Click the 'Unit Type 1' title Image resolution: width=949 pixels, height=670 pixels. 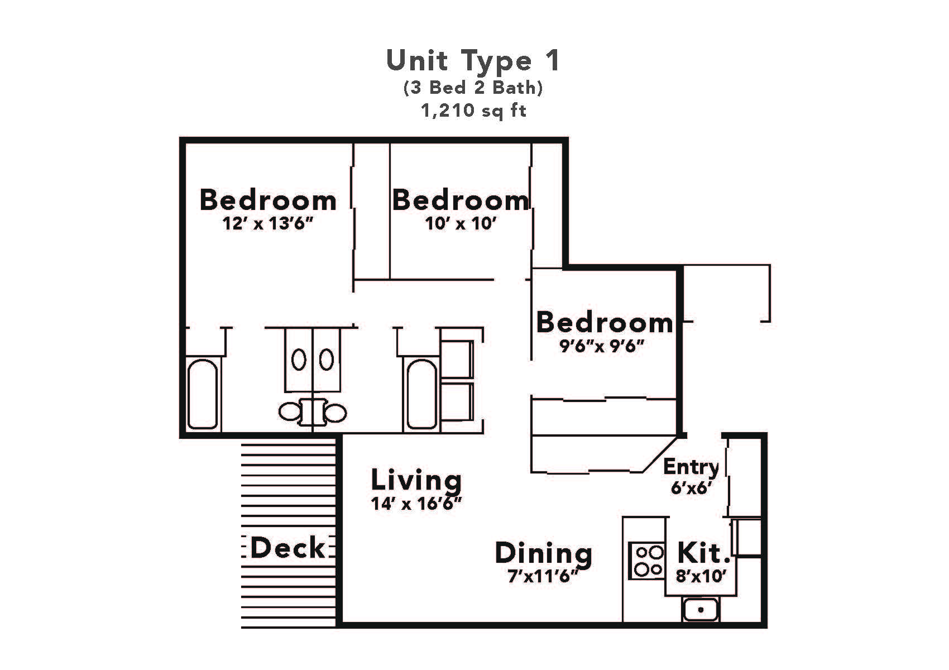click(473, 60)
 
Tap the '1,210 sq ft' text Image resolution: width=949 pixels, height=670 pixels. click(473, 111)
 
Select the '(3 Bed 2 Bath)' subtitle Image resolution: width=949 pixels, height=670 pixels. click(473, 88)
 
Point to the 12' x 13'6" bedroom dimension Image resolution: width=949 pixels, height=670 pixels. click(267, 224)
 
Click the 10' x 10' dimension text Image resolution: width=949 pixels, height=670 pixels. click(461, 224)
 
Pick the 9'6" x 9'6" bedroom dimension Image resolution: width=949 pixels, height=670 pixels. click(602, 346)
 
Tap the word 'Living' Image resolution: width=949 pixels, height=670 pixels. click(416, 480)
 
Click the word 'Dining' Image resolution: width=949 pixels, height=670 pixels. click(543, 553)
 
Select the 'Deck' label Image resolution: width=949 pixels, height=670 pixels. click(287, 548)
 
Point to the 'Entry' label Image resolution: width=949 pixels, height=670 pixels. click(691, 466)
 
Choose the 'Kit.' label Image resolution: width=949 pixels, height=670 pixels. click(703, 553)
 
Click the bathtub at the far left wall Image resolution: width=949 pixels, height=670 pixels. click(202, 394)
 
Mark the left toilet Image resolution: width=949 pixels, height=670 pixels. click(290, 413)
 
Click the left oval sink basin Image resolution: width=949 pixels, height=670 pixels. click(299, 360)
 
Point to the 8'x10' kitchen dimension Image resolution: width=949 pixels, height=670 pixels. click(701, 576)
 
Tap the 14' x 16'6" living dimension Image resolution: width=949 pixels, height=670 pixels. click(416, 504)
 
